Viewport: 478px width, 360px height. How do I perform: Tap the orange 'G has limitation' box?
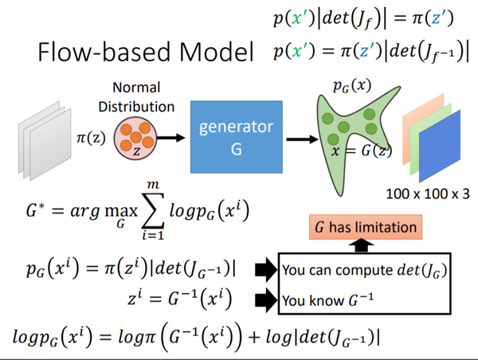click(x=363, y=228)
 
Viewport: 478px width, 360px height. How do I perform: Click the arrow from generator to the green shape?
click(x=297, y=138)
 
